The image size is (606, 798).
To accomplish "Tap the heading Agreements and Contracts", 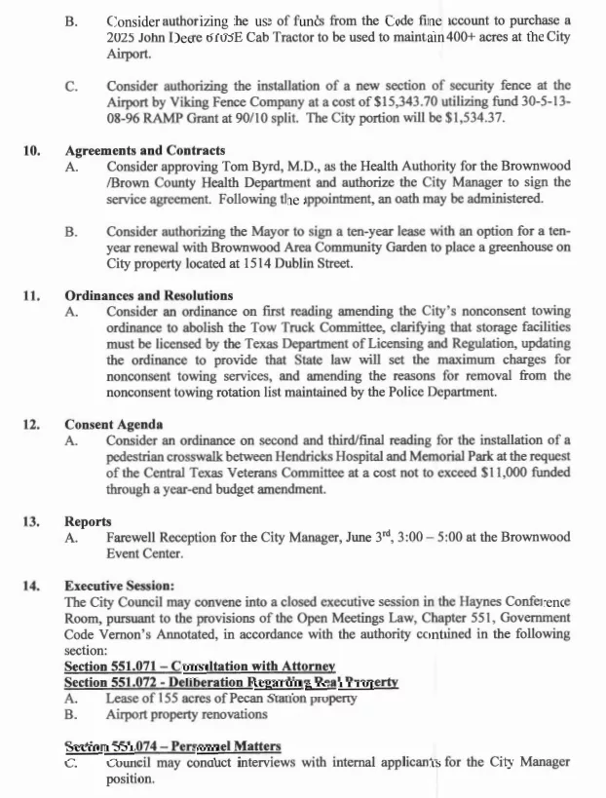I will click(145, 151).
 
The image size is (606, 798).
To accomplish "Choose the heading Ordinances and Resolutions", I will click(148, 296).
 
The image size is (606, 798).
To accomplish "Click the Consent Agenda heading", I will click(113, 425).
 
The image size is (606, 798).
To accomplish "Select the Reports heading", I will click(88, 521).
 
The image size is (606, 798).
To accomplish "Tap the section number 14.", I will click(32, 586).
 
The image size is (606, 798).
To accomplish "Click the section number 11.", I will click(32, 296).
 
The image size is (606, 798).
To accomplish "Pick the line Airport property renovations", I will click(186, 714).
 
